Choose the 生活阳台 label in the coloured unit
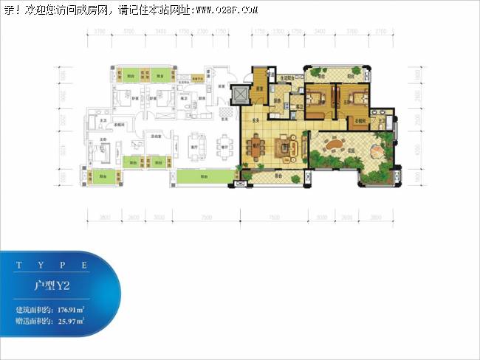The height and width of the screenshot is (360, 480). tap(287, 77)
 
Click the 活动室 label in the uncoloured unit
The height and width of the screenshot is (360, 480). tap(157, 136)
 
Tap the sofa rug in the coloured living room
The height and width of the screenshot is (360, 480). tap(287, 145)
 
